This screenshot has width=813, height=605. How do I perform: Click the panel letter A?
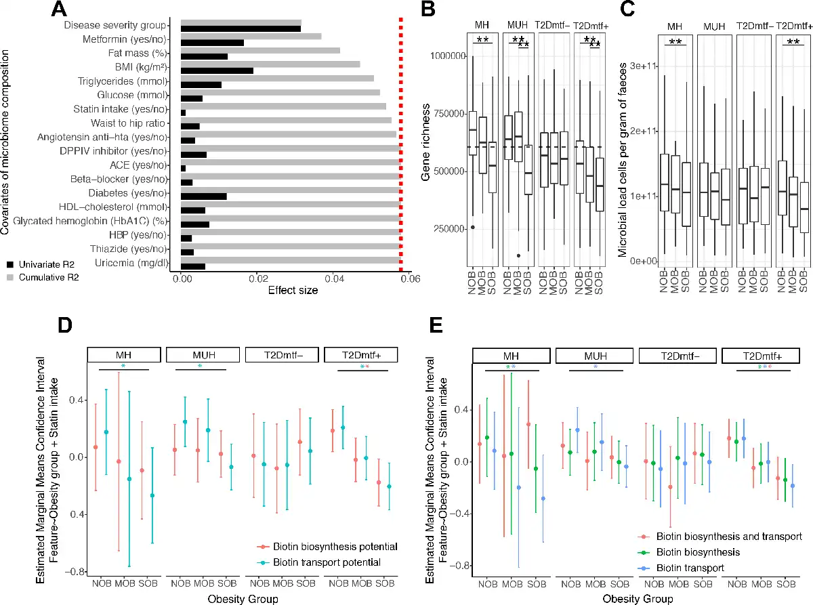[59, 9]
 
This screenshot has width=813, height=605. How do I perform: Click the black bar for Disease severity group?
[241, 28]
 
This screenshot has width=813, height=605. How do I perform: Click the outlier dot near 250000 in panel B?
[472, 227]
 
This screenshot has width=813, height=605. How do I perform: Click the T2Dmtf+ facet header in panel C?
[793, 27]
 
